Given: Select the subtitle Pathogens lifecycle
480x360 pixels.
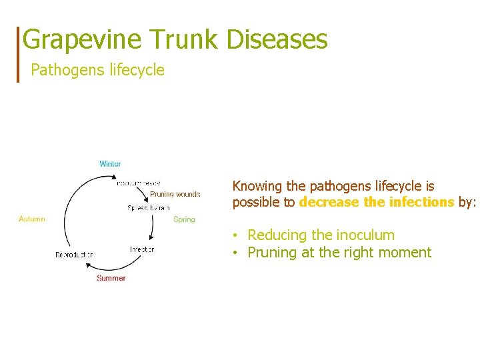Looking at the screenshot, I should point(97,70).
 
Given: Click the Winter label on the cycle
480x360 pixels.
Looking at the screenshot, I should point(110,164).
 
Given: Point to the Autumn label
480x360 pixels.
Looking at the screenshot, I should point(32,219).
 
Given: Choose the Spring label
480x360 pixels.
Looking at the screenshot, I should point(184,219).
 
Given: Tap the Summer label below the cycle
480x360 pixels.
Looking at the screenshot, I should point(111,278).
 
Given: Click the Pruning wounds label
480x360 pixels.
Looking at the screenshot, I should point(175,195).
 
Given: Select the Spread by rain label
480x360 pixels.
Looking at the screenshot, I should point(149,208).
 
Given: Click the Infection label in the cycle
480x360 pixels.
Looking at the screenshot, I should point(142,249).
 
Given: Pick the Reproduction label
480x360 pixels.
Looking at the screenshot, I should point(74,255).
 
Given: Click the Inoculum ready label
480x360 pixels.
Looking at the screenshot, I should point(138,183).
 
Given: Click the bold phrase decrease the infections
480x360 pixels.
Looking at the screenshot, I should point(377,203).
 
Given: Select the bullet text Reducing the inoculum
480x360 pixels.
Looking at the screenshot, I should point(321,235).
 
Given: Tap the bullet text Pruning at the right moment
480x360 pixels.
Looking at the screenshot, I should point(339,253).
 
